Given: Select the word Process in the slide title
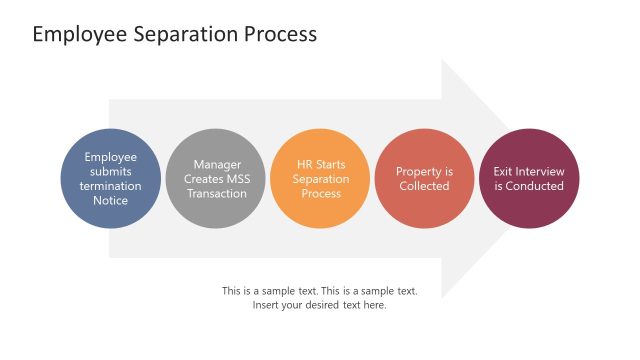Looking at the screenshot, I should pos(280,34).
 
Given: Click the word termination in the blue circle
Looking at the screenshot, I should pos(110,186).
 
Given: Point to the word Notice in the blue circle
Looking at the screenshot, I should pos(110,200).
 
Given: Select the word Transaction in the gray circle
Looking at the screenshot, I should pos(217,193).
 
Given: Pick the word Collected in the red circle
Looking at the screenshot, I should pos(424,186).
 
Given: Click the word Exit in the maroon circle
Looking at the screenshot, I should pos(504,171).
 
